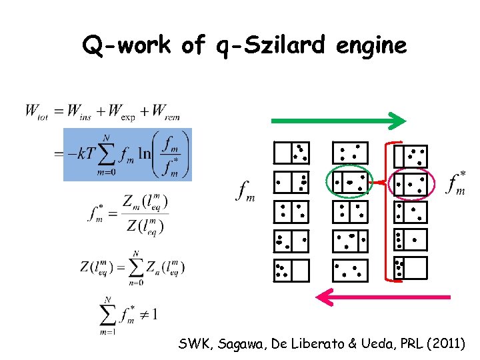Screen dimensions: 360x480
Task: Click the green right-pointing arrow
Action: (337, 121)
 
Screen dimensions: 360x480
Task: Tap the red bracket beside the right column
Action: (388, 212)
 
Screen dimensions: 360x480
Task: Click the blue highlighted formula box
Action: (127, 155)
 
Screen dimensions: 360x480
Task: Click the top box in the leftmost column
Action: (291, 153)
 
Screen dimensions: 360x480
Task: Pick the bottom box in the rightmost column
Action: (411, 268)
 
